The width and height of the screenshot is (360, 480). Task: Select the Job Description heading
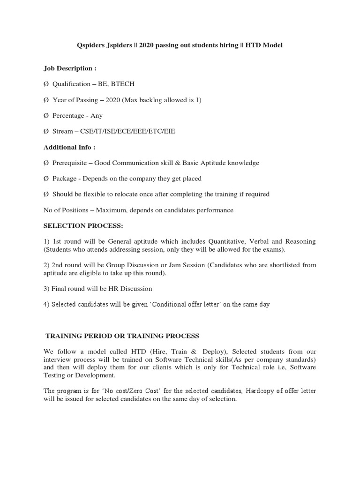click(x=70, y=68)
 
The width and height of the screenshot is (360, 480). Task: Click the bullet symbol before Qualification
click(x=46, y=84)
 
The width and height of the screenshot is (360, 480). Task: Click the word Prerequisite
click(x=70, y=163)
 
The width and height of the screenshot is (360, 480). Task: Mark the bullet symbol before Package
click(x=46, y=179)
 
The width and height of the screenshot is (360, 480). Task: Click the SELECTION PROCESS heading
click(x=83, y=226)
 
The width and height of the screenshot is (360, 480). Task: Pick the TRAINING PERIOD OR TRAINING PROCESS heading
click(x=122, y=336)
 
